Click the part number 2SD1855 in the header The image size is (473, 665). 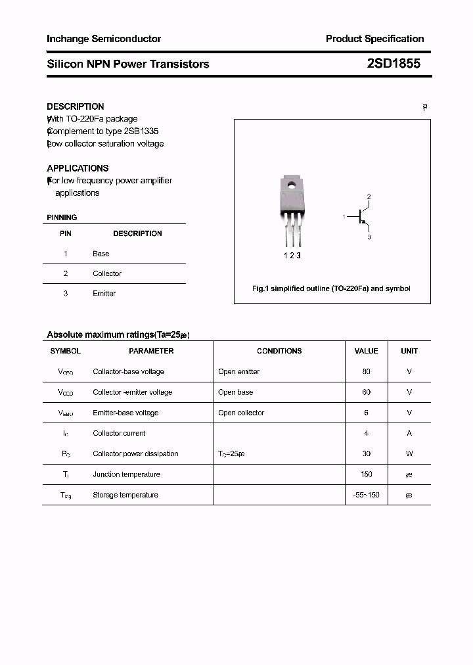click(x=394, y=64)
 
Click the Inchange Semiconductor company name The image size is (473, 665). click(x=104, y=39)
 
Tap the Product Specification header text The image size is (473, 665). click(x=374, y=39)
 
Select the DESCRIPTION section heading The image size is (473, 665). click(x=75, y=106)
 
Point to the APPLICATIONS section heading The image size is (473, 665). click(x=78, y=168)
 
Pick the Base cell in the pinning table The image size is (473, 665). click(x=101, y=254)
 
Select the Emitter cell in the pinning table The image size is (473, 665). click(x=104, y=294)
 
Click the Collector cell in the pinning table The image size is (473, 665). click(x=107, y=273)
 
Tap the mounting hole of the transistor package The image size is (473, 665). click(x=291, y=185)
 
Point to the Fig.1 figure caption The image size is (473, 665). click(x=331, y=288)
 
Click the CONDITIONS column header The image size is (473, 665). click(x=279, y=351)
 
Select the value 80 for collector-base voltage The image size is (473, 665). click(x=366, y=372)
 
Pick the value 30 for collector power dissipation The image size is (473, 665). click(x=366, y=454)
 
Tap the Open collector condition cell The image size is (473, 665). click(x=241, y=413)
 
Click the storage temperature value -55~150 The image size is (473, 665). click(x=366, y=495)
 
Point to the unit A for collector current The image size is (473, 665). click(x=409, y=434)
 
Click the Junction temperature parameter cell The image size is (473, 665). click(x=126, y=474)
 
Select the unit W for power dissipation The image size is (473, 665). click(x=409, y=454)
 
